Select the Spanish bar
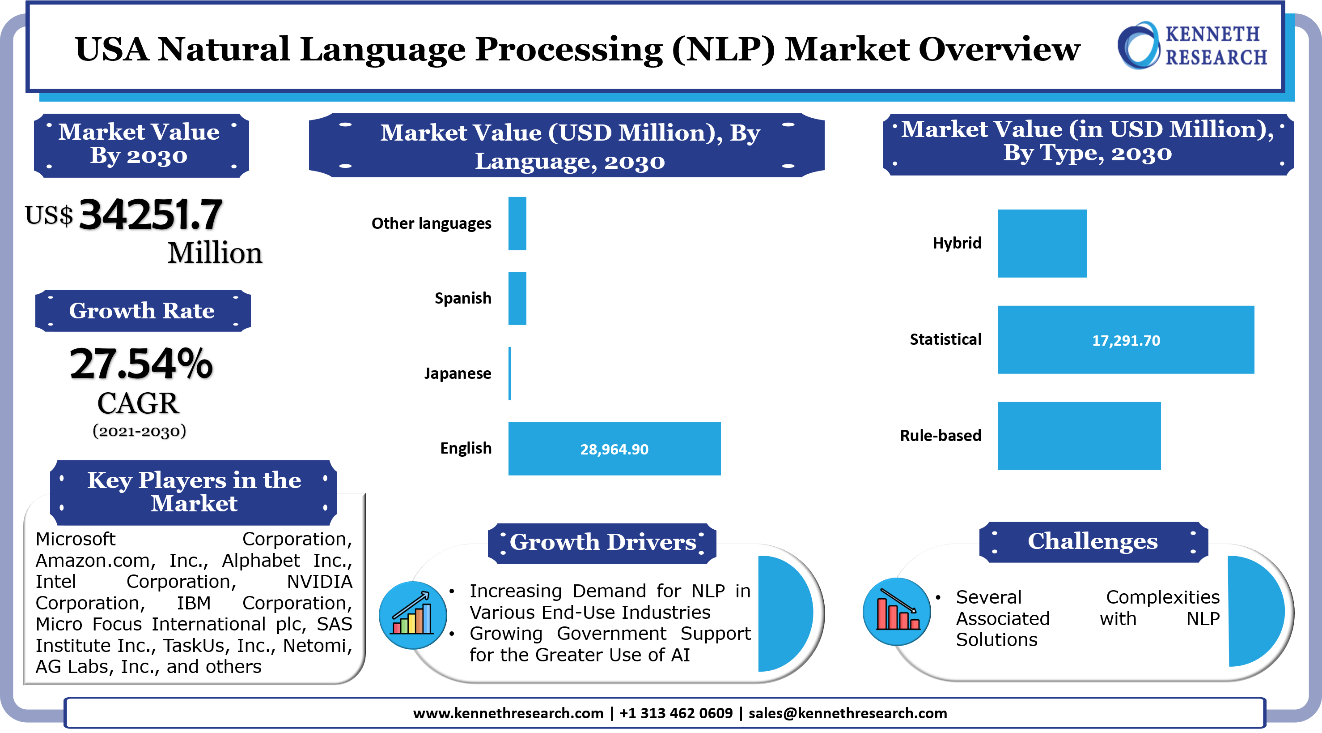(x=517, y=299)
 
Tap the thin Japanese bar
(x=509, y=373)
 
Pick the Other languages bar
(x=517, y=223)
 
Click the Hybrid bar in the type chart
(x=1042, y=244)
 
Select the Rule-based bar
(x=1079, y=436)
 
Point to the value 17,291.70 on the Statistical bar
(x=1126, y=341)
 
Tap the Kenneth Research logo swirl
(x=1138, y=46)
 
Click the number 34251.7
(x=150, y=215)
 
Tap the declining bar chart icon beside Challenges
(x=897, y=611)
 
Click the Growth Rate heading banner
(x=142, y=311)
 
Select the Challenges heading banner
(x=1093, y=541)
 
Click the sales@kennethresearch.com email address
(x=847, y=713)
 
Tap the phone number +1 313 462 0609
(x=676, y=713)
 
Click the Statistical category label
(x=945, y=339)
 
